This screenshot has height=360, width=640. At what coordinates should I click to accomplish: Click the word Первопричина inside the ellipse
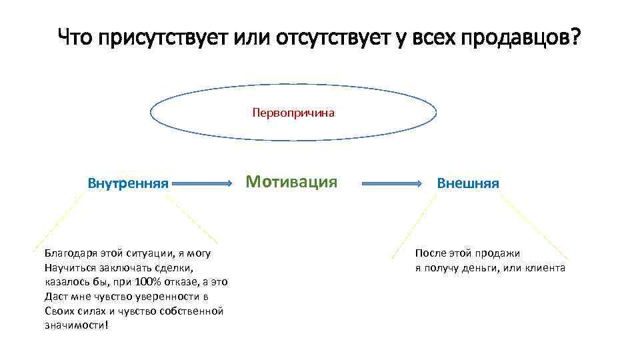293,113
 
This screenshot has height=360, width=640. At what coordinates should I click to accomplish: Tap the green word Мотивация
291,181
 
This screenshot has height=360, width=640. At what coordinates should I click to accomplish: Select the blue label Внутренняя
128,183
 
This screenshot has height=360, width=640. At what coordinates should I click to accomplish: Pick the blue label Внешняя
467,183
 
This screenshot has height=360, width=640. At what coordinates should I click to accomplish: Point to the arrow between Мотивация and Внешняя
393,182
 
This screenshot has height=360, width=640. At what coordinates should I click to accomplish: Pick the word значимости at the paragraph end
74,325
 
